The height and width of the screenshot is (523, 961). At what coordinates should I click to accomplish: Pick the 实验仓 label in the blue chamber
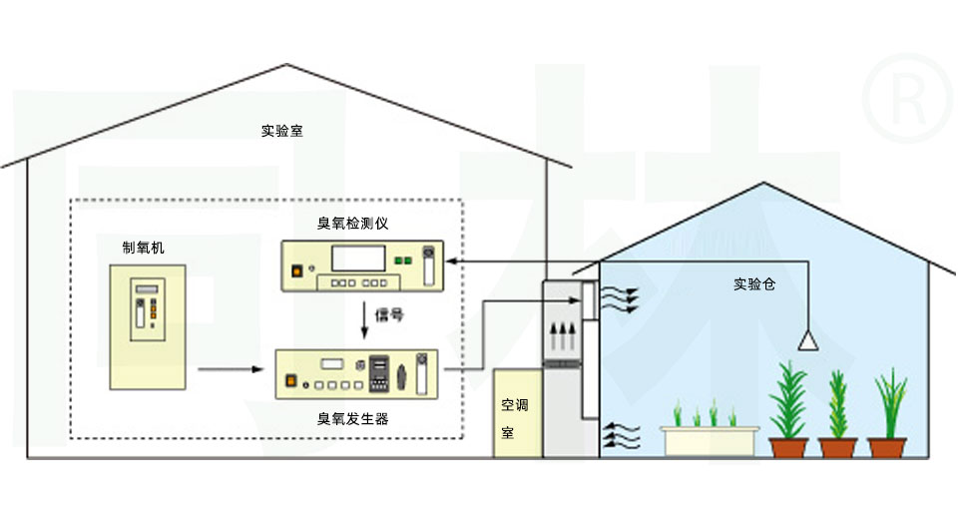(x=754, y=284)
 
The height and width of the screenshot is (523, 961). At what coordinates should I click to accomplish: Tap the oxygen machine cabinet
(x=149, y=327)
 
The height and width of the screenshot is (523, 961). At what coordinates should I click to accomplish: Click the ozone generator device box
(x=358, y=374)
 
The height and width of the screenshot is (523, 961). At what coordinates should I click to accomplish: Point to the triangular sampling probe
(x=807, y=342)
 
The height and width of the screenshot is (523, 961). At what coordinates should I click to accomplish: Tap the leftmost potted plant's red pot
(x=788, y=448)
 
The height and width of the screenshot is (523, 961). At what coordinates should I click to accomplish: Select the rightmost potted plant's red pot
(x=887, y=448)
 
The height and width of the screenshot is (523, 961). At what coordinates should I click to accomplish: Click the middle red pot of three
(x=837, y=448)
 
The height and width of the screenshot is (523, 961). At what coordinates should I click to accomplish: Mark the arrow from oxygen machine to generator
(x=231, y=370)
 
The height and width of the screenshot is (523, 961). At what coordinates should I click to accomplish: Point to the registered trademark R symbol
(x=908, y=97)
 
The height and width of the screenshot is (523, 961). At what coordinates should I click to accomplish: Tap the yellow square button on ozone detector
(x=295, y=268)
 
